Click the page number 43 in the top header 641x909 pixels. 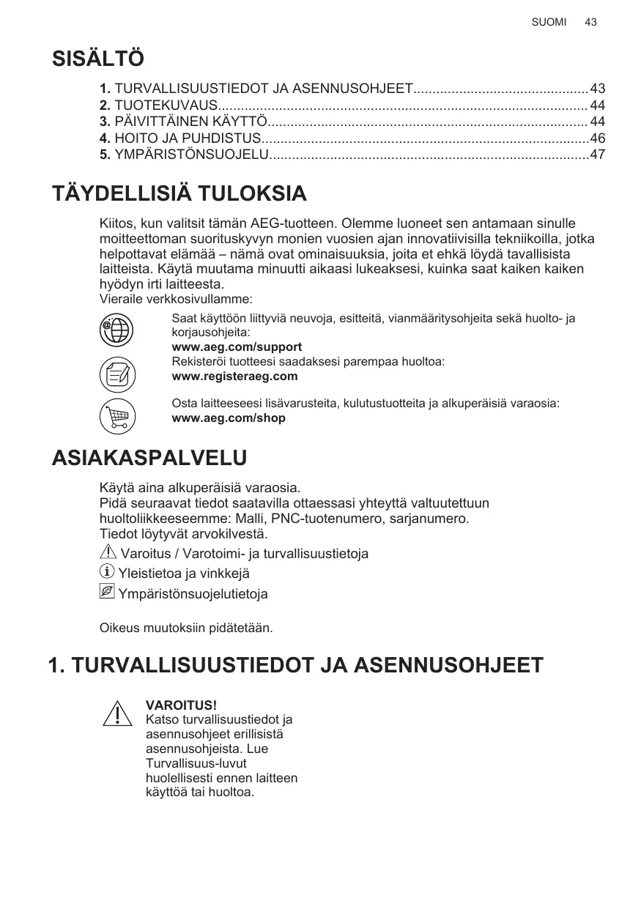591,22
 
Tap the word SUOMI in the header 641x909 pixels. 549,22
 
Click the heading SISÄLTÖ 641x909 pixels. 98,59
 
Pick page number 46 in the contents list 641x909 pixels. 598,138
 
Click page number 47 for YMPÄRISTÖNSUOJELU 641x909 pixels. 598,155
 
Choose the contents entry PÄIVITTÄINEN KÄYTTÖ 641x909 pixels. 190,122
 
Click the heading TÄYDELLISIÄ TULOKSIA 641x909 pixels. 179,194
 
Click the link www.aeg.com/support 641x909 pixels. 236,346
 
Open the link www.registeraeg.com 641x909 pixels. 234,376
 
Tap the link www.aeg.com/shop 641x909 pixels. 228,418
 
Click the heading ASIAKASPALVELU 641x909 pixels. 149,459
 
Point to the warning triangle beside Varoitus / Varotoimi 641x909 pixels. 107,552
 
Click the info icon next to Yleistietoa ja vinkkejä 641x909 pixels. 107,572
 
